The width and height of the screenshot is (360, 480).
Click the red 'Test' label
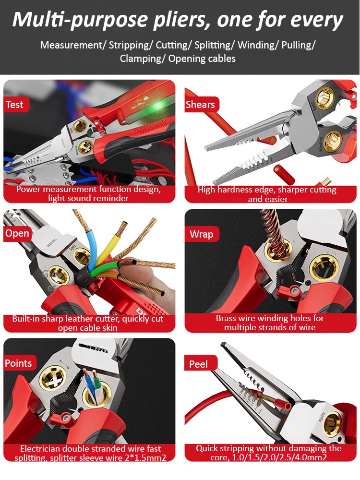tap(16, 104)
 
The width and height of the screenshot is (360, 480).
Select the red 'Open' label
tap(17, 233)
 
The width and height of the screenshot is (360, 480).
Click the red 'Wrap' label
tap(202, 234)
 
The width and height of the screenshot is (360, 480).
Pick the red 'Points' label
tap(19, 363)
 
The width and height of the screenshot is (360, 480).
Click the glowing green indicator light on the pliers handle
tap(158, 106)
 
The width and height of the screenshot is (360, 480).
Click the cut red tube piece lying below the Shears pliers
tap(284, 174)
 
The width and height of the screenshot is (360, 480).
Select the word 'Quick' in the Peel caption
tap(206, 448)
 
